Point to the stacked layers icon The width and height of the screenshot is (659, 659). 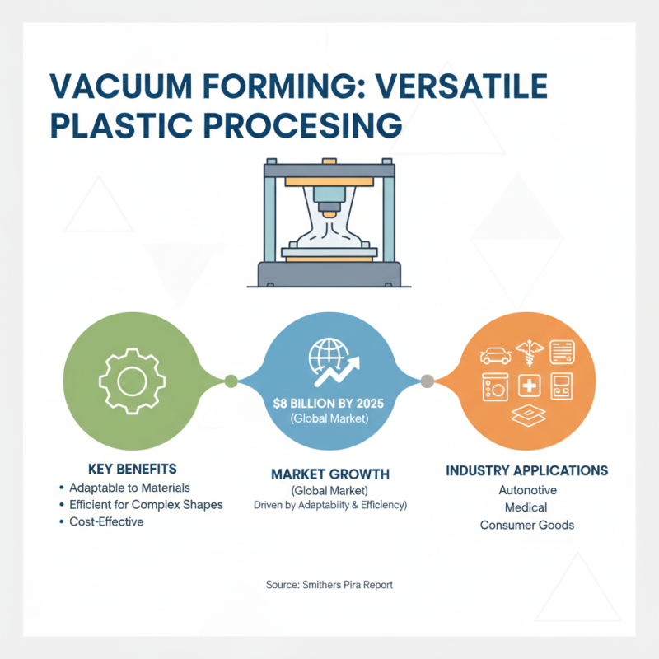click(x=527, y=417)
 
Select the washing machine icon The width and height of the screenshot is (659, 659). click(x=494, y=386)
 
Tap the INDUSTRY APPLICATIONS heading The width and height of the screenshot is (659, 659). click(x=527, y=470)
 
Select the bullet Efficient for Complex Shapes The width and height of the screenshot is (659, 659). click(x=146, y=504)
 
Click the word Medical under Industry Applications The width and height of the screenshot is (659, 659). click(x=526, y=507)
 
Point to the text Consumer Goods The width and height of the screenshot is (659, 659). click(x=526, y=525)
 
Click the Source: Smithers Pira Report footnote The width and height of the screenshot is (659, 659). click(x=329, y=584)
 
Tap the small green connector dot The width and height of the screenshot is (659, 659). click(x=231, y=381)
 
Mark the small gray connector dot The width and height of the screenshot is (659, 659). click(x=427, y=381)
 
